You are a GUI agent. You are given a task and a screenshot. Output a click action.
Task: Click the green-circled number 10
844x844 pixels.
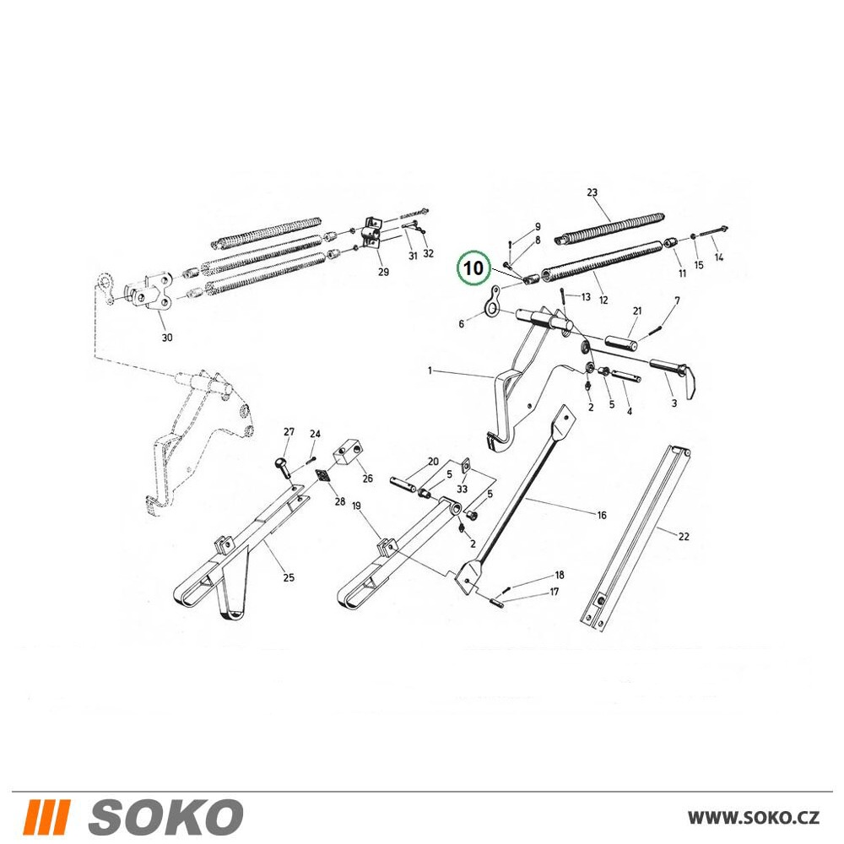[473, 268]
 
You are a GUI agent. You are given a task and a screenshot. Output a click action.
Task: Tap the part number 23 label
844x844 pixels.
[592, 192]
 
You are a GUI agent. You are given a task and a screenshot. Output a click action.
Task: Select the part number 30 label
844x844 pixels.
[167, 338]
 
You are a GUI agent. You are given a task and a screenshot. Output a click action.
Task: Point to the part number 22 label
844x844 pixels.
[684, 537]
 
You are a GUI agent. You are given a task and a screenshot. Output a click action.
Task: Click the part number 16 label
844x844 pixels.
[602, 516]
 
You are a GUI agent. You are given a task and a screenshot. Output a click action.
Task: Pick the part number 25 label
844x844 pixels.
[289, 577]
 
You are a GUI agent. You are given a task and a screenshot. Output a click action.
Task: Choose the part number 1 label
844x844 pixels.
[430, 371]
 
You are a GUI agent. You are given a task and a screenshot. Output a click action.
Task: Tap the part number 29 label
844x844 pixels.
[383, 272]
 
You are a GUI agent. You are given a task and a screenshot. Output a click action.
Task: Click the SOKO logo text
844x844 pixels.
[166, 817]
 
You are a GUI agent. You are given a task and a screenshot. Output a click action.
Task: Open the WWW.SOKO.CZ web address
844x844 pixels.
[754, 818]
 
